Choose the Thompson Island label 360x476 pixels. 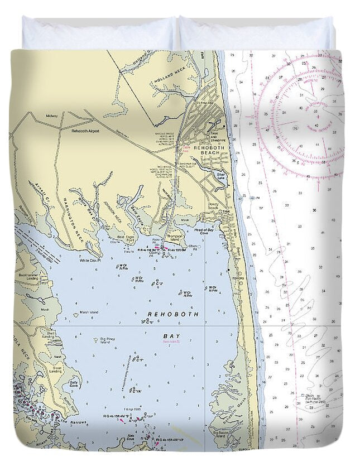coord(176,238)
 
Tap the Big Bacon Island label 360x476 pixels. coord(218,434)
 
